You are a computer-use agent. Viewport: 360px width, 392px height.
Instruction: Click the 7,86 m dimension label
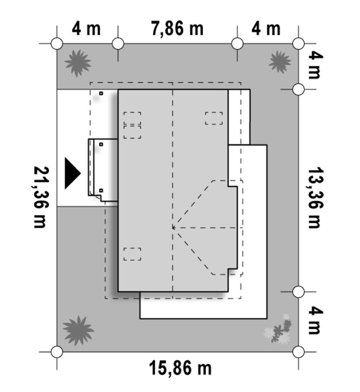point(177,29)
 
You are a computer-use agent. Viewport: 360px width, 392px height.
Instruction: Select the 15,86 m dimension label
point(180,368)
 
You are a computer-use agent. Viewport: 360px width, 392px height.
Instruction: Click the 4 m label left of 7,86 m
point(86,29)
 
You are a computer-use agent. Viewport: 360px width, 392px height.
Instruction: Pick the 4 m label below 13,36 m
point(316,321)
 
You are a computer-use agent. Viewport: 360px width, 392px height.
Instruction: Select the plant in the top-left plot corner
point(78,63)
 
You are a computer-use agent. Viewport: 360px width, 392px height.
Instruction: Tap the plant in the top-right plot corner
point(280,62)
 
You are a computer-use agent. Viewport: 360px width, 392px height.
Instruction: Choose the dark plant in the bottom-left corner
point(78,331)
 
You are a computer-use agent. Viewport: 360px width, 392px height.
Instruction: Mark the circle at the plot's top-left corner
point(57,44)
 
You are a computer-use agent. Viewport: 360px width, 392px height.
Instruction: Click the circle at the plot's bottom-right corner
point(298,352)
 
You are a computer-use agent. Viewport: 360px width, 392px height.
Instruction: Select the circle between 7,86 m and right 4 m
point(237,44)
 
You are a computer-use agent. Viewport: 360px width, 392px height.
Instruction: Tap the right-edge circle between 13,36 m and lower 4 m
point(298,291)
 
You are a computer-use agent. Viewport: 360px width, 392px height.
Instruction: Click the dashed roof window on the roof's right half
point(214,118)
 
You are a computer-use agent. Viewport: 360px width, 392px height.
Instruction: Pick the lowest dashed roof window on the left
point(132,254)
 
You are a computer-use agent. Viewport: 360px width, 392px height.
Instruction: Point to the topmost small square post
point(101,93)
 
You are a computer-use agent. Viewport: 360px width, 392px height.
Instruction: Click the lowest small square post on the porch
point(101,191)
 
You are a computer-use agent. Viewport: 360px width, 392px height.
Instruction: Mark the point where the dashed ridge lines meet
point(173,228)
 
